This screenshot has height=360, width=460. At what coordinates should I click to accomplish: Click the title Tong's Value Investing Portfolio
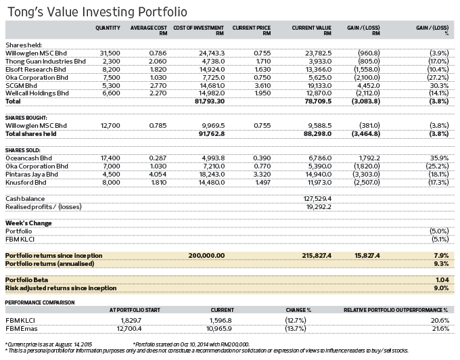point(97,12)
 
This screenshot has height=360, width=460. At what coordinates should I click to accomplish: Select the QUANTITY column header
point(108,28)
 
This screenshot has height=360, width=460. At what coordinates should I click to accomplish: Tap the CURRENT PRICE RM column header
point(252,30)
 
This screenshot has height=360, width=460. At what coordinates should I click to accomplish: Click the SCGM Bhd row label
point(21,86)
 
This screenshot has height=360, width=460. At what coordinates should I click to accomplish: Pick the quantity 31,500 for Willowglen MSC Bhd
point(110,53)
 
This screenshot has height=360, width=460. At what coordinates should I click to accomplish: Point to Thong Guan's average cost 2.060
point(158,62)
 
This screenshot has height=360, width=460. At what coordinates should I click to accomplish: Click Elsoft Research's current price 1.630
point(262,70)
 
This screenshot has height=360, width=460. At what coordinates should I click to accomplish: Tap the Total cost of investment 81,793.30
point(210,102)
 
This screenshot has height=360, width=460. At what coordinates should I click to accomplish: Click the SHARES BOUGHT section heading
point(26,118)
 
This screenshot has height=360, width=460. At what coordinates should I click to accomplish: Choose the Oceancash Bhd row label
point(28,158)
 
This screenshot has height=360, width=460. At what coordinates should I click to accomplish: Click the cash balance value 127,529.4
point(317,199)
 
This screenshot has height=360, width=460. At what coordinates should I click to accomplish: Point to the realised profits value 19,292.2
point(319,207)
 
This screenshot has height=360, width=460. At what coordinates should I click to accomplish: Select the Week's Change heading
point(28,223)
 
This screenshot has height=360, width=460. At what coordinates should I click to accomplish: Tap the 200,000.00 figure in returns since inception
point(206,256)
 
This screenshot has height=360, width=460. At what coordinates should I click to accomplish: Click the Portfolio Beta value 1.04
point(442,280)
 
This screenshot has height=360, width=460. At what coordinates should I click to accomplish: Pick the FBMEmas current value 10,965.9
point(219,329)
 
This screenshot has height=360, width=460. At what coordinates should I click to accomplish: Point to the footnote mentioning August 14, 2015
point(49,344)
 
